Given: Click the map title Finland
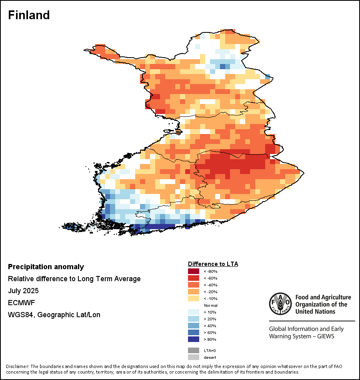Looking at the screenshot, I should [x=29, y=15].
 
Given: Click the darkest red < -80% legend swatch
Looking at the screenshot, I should [x=193, y=272].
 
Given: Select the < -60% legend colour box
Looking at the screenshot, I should [x=193, y=278].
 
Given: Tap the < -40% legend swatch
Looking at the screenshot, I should [x=193, y=285].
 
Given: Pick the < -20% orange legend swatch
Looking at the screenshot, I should [x=193, y=292].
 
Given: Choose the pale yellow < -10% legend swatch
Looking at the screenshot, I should [x=193, y=299].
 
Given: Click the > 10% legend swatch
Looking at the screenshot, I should [x=193, y=312].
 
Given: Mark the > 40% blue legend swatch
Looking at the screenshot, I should [x=193, y=326].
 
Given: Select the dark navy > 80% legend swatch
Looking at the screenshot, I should [x=193, y=340].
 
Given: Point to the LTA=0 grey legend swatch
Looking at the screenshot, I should [x=193, y=350].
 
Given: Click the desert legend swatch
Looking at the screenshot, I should [x=193, y=357].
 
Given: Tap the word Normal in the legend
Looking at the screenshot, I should [x=210, y=306].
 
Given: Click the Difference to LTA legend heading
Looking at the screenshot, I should [x=213, y=264].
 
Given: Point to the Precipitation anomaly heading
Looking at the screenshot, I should [x=46, y=267].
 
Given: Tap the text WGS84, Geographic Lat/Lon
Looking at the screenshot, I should [x=54, y=315].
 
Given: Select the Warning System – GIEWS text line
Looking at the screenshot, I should [x=302, y=336].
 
